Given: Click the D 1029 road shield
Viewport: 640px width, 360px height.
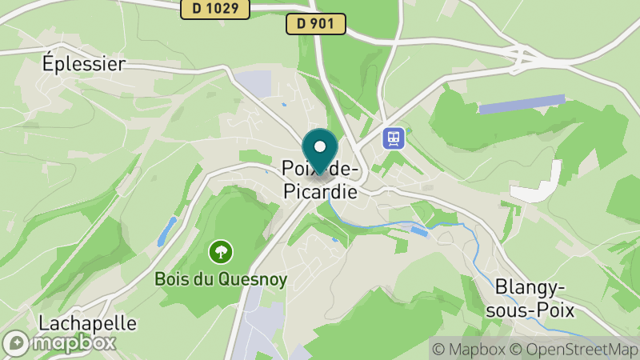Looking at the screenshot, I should (x=215, y=9).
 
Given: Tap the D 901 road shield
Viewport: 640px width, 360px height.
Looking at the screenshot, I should (x=315, y=24).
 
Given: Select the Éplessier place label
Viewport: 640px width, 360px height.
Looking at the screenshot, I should (x=84, y=64).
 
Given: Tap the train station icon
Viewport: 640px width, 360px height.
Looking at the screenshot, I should (x=394, y=138).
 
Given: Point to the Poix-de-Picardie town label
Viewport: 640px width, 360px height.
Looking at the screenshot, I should (x=320, y=180).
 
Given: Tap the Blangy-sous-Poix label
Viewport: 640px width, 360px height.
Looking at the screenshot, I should (x=530, y=298).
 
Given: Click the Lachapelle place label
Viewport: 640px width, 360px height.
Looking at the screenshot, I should (x=88, y=324).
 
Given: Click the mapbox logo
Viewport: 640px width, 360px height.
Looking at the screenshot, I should (x=59, y=342).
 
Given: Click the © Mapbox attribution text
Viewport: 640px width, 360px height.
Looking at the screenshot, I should (x=468, y=349).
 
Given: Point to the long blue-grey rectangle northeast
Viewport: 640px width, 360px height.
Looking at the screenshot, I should (x=522, y=104).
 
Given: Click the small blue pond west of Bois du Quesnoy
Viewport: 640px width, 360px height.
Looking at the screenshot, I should (x=164, y=232).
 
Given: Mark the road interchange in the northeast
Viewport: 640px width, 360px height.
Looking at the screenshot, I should (x=524, y=56).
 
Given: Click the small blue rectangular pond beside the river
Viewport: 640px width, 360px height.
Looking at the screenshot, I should (x=419, y=231).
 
